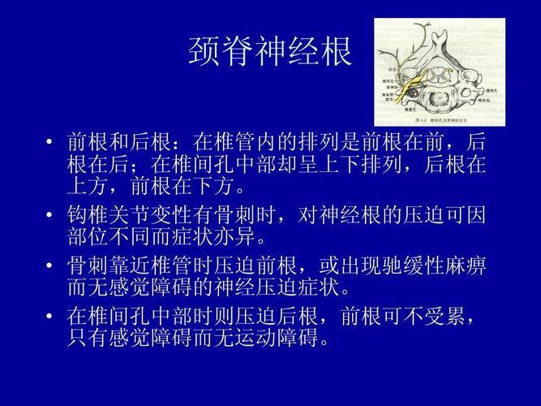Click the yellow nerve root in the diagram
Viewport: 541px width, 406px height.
[419, 84]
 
